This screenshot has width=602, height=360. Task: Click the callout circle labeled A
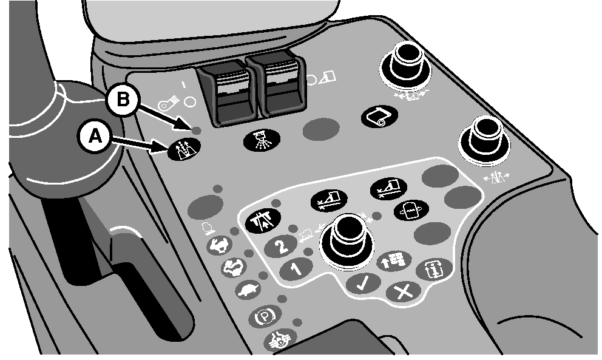pyautogui.click(x=95, y=137)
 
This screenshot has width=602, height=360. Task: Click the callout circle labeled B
pyautogui.click(x=123, y=100)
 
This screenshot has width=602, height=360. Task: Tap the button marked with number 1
pyautogui.click(x=296, y=270)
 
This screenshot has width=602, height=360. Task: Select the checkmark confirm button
pyautogui.click(x=364, y=284)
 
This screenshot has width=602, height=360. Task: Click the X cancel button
pyautogui.click(x=404, y=293)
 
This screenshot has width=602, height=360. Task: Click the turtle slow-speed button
pyautogui.click(x=248, y=290)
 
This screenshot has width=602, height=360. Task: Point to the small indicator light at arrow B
pyautogui.click(x=196, y=131)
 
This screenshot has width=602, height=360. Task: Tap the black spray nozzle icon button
pyautogui.click(x=262, y=140)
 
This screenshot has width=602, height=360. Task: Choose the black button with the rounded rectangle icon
pyautogui.click(x=379, y=115)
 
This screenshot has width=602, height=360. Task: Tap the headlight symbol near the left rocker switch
pyautogui.click(x=167, y=104)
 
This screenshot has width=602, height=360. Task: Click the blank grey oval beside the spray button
pyautogui.click(x=321, y=129)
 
